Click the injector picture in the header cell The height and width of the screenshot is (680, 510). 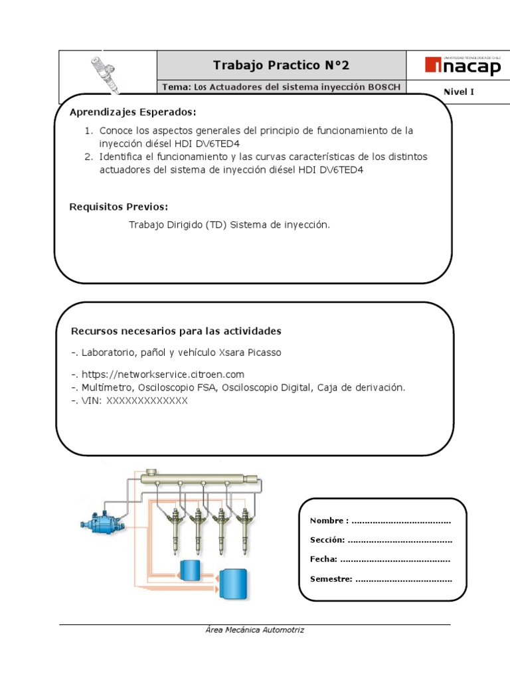(106, 72)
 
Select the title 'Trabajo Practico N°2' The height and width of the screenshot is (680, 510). (280, 65)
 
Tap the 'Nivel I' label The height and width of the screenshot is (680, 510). (458, 92)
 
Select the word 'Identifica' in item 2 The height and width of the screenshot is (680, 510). (121, 157)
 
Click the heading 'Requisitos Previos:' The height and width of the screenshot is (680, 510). (119, 207)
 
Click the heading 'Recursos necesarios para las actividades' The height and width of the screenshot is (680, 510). (176, 331)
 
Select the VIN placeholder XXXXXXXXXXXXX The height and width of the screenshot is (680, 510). (147, 401)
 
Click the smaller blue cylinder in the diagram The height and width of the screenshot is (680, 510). (190, 570)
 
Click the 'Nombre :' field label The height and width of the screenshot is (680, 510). (329, 521)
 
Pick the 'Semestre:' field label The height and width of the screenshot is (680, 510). (331, 579)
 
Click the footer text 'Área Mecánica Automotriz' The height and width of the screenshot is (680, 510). (254, 630)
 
